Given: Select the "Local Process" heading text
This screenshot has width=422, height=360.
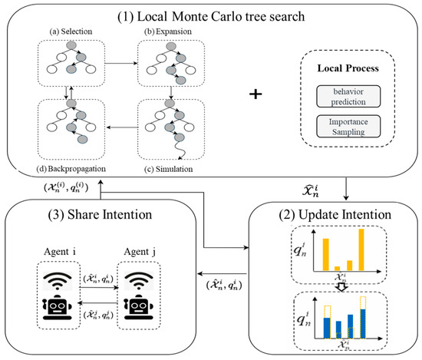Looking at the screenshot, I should pyautogui.click(x=340, y=68).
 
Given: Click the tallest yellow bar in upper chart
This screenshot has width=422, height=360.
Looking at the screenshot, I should pyautogui.click(x=361, y=249).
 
